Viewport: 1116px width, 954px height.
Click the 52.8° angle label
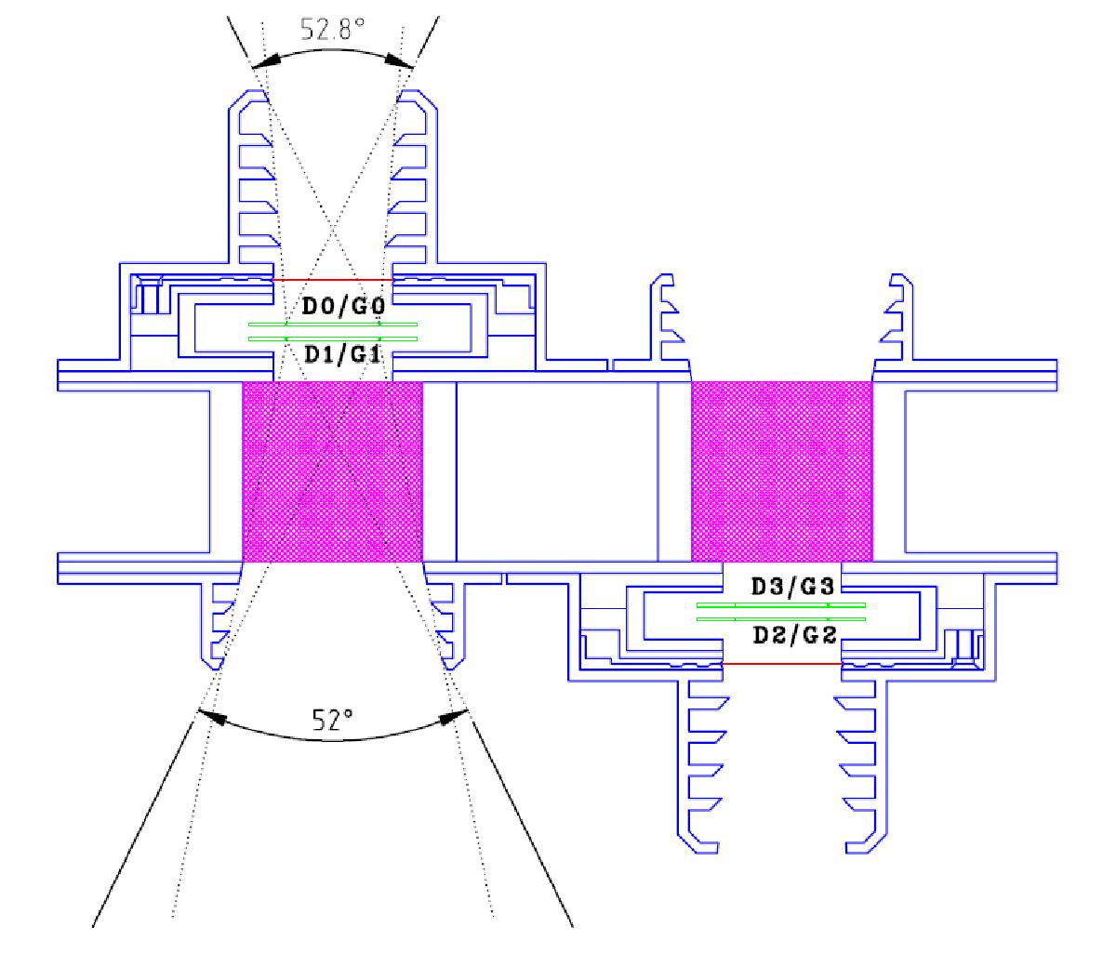click(332, 29)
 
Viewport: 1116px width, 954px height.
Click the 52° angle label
click(333, 719)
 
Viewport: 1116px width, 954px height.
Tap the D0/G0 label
click(343, 306)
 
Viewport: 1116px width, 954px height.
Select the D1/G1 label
click(343, 354)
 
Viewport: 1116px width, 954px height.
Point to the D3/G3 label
click(793, 587)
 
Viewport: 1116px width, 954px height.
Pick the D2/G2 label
click(794, 635)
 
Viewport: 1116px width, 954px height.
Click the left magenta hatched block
click(333, 471)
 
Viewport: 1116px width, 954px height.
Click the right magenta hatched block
click(782, 471)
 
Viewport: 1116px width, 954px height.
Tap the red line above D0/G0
click(333, 280)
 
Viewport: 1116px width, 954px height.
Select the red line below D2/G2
click(782, 664)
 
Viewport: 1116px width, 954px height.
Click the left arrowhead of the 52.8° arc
click(265, 61)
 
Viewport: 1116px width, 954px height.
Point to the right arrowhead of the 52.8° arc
click(400, 61)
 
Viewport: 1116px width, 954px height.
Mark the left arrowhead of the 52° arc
click(212, 716)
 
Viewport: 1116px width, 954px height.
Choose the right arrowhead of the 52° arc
click(455, 717)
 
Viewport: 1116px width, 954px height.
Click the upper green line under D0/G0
click(333, 325)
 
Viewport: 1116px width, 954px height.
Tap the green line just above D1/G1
click(333, 339)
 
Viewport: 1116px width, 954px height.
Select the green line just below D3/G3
click(780, 605)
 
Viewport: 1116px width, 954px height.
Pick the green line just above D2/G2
click(780, 619)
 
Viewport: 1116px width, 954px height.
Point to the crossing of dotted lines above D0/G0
click(333, 233)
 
